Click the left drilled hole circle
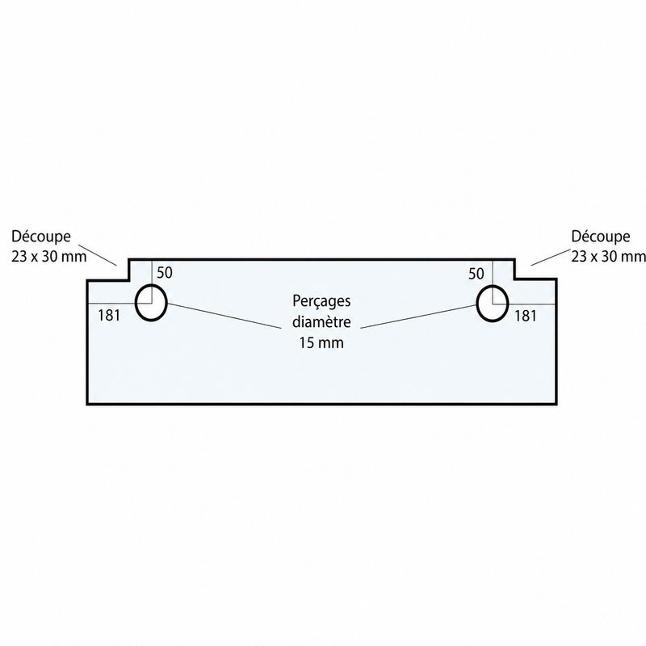136,303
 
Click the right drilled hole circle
477,303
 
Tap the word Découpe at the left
41,237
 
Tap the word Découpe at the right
600,237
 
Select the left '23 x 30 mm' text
49,257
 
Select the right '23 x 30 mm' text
608,257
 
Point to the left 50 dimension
165,273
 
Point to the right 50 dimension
476,274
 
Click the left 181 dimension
109,316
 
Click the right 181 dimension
526,316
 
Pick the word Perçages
321,301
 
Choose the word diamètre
321,321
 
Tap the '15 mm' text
321,342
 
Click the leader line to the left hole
224,316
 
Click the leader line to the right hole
418,317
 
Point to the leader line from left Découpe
98,254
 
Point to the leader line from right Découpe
551,257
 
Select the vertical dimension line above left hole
152,282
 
